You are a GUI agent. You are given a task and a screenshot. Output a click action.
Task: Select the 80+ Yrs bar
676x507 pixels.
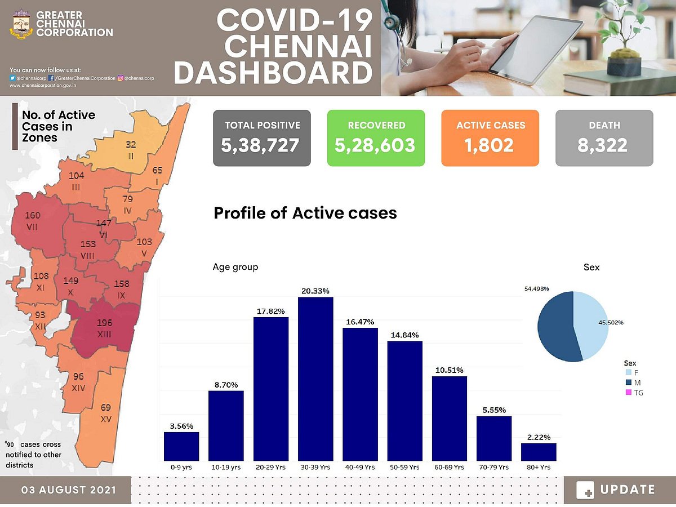[539, 452]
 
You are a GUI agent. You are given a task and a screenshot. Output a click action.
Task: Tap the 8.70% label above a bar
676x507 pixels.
[226, 385]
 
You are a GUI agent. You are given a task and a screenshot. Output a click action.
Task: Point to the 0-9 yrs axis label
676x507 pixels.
[181, 468]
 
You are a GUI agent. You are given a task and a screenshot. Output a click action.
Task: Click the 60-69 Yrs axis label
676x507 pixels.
[449, 468]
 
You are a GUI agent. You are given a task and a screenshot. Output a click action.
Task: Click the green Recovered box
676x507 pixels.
[376, 138]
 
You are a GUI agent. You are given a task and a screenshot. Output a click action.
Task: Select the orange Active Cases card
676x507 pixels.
[490, 138]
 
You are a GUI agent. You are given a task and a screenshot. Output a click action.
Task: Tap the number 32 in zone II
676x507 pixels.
[131, 145]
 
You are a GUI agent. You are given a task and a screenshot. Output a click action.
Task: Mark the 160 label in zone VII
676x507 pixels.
[33, 215]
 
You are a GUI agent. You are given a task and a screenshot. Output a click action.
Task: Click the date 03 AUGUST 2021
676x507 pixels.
[69, 490]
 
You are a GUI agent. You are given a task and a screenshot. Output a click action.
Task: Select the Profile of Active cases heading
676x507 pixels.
[305, 214]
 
